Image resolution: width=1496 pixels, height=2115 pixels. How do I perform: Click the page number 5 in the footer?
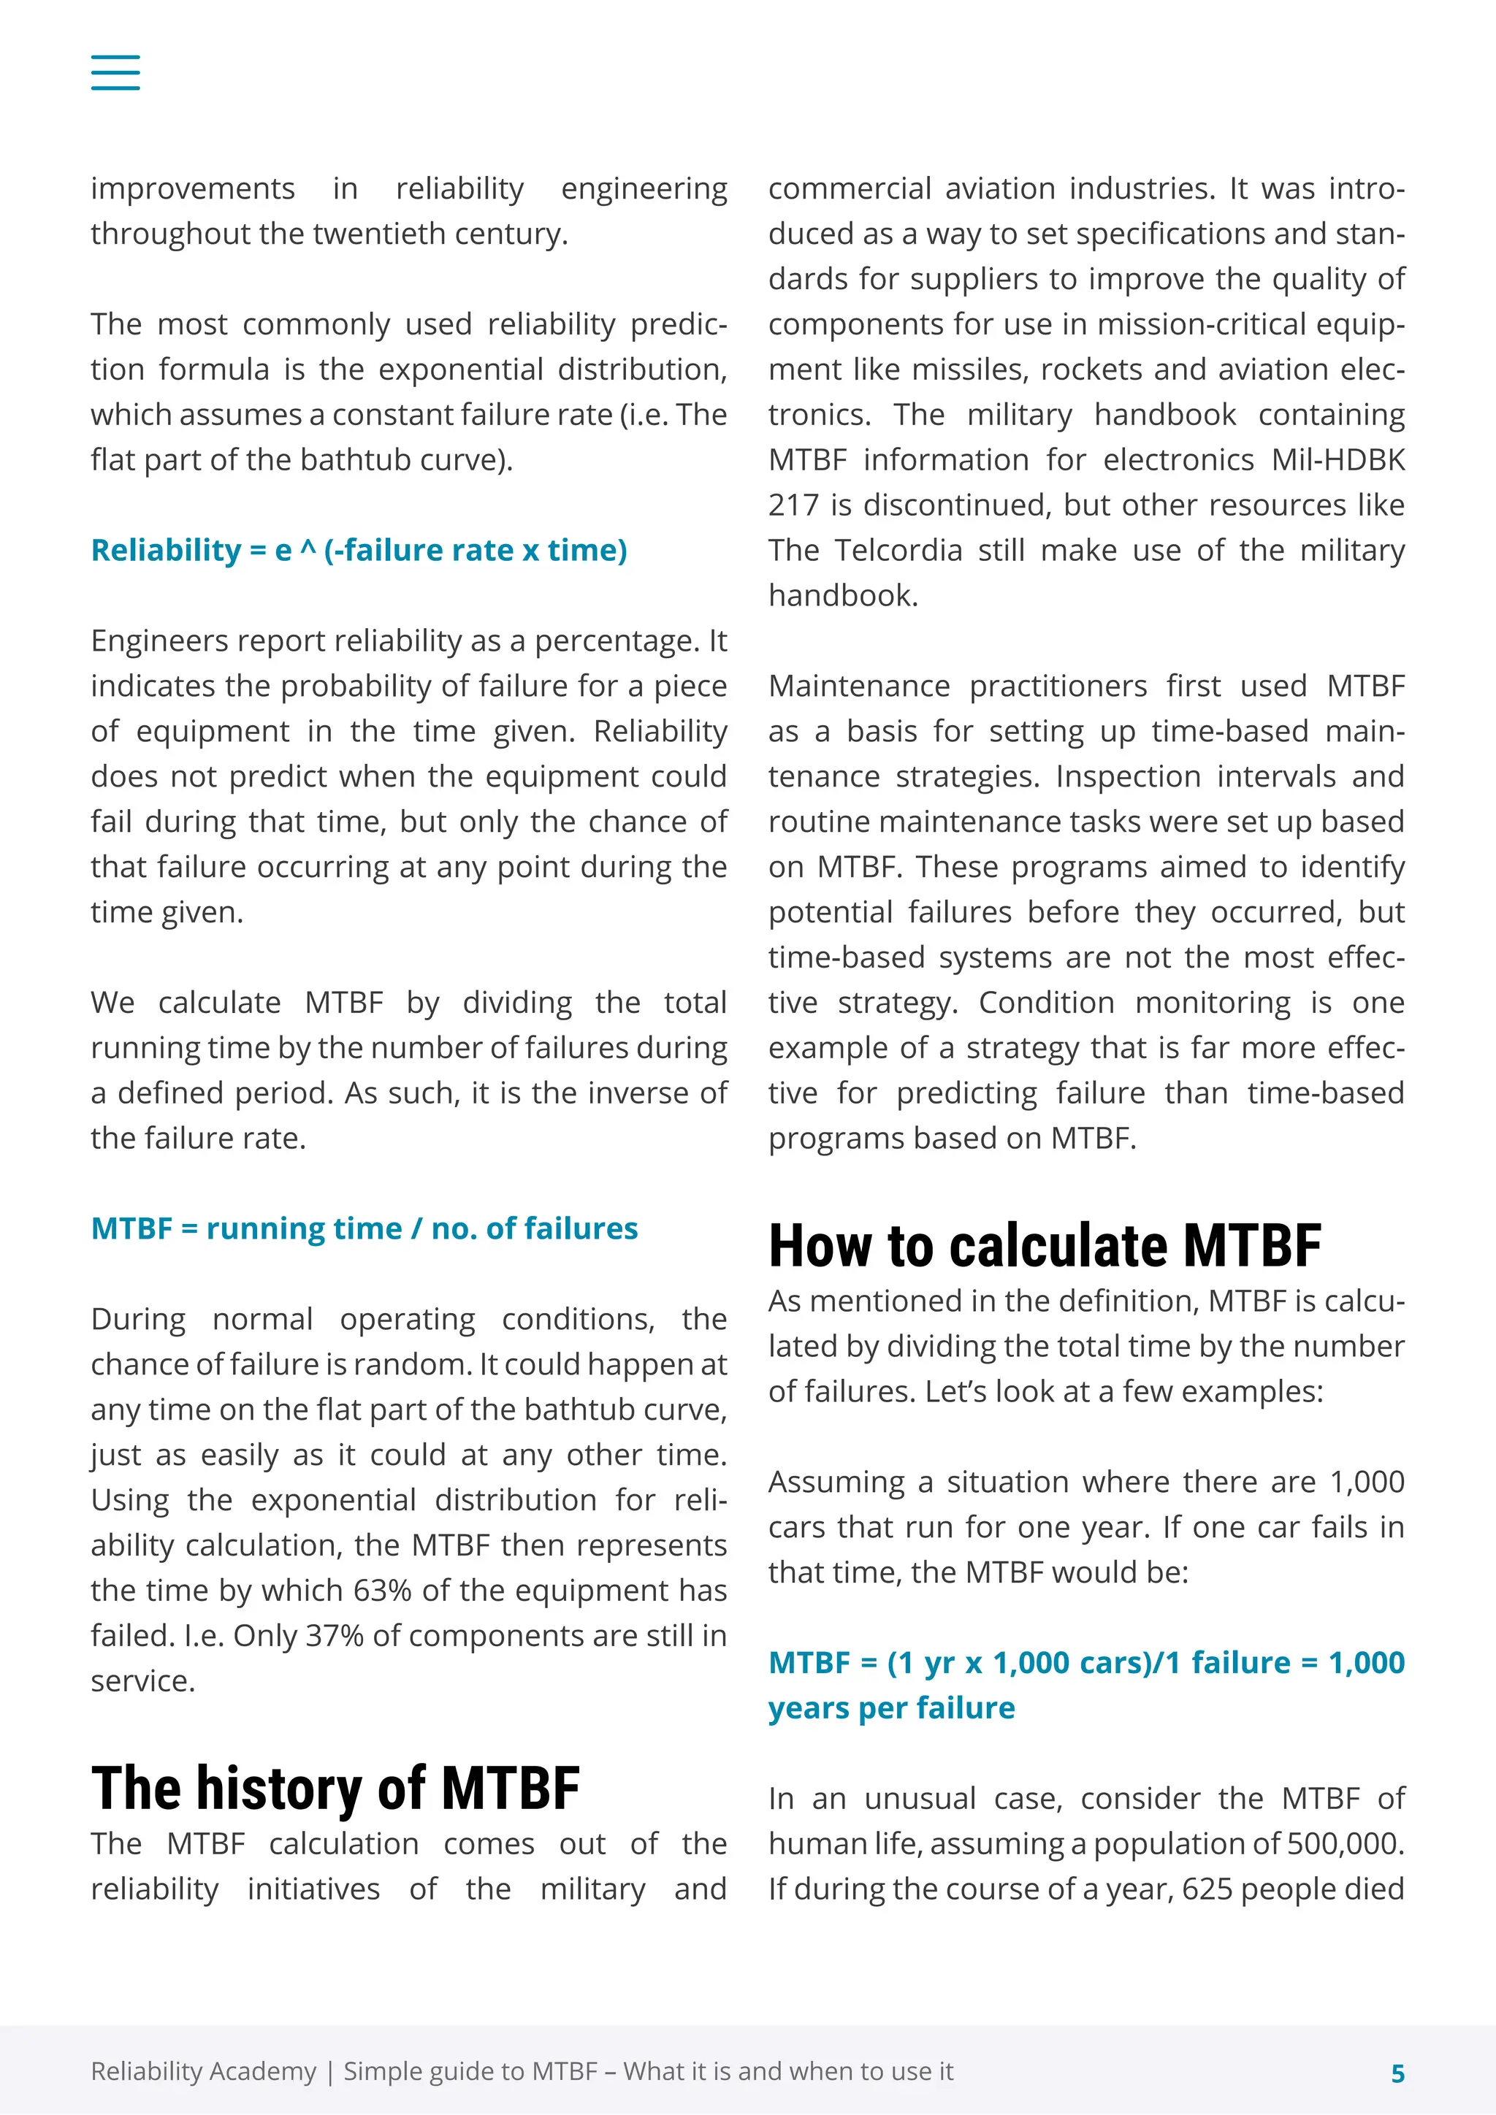pyautogui.click(x=1397, y=2073)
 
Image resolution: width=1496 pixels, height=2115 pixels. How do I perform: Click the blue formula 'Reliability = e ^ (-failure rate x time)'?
pyautogui.click(x=359, y=550)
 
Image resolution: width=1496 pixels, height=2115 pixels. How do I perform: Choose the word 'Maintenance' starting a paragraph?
pyautogui.click(x=858, y=686)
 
